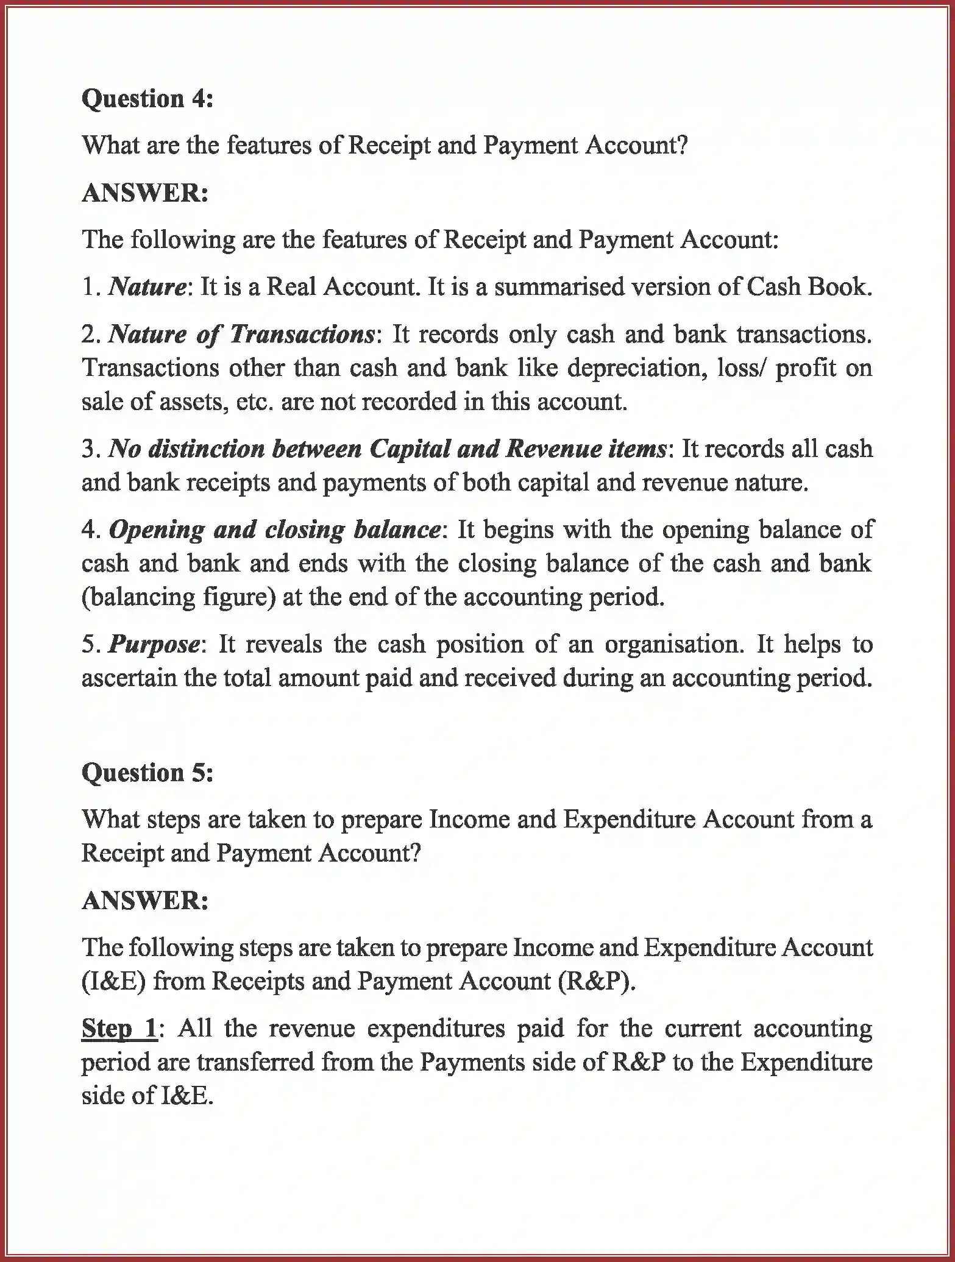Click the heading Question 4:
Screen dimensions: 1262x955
point(147,98)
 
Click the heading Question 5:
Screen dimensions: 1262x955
point(147,773)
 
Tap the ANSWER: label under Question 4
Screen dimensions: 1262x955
point(145,193)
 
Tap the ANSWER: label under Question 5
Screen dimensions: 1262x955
point(145,900)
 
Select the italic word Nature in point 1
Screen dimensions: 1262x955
point(147,286)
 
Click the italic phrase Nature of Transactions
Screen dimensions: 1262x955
point(241,334)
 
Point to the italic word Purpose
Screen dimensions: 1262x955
point(154,644)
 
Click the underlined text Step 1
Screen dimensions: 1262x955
point(119,1029)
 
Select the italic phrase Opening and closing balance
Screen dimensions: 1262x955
point(274,530)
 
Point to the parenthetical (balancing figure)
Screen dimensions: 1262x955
point(179,597)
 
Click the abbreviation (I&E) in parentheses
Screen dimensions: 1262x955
point(113,981)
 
